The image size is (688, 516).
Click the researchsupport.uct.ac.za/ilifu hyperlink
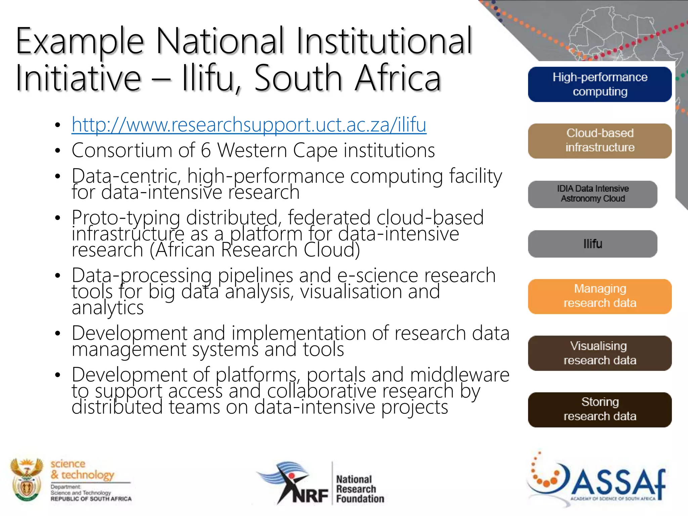[249, 125]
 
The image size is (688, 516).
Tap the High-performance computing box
[600, 84]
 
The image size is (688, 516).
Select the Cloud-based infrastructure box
[600, 141]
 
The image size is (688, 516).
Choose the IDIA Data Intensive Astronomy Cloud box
[593, 194]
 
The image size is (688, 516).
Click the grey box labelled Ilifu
[593, 244]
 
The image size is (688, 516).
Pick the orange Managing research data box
[600, 296]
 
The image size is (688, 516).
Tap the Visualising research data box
[600, 353]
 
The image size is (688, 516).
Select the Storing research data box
[600, 409]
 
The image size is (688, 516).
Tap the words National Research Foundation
[359, 489]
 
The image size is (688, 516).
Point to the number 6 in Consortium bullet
[206, 150]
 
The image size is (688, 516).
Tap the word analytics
[107, 307]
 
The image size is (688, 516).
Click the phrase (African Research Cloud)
[255, 250]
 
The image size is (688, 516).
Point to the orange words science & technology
[82, 469]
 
